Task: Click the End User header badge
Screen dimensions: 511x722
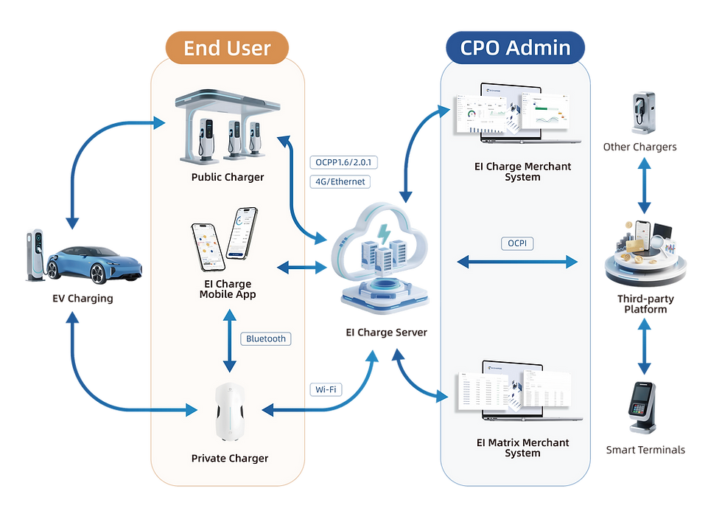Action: [227, 49]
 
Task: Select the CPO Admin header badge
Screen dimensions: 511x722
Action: [515, 49]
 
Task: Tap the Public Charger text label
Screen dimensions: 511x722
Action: [228, 177]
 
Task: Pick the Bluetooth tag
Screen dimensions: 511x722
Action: [265, 338]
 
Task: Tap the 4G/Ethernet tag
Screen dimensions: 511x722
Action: [340, 181]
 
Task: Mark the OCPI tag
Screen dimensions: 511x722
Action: [517, 243]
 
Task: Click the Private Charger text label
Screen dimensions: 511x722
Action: [230, 458]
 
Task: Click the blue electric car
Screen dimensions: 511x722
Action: [92, 264]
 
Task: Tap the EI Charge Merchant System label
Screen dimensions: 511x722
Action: [522, 172]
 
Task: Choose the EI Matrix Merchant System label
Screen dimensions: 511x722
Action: [522, 448]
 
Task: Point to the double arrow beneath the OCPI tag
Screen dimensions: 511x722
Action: [517, 262]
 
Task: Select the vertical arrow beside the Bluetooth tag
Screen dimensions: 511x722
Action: [230, 339]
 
